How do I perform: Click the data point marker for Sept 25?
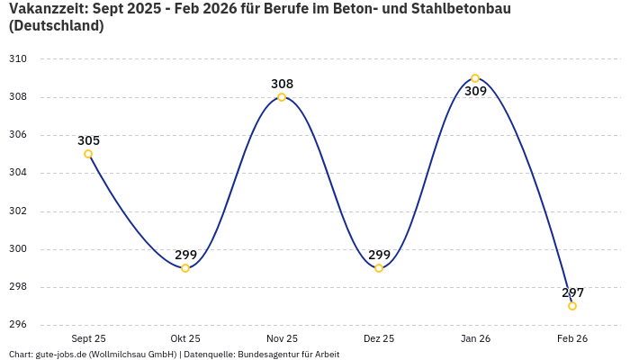tap(88, 154)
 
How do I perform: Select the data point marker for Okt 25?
tap(185, 268)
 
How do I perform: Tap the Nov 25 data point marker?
tap(282, 97)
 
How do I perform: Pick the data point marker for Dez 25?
tap(379, 268)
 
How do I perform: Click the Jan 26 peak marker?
tap(475, 78)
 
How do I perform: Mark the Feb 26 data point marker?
tap(572, 306)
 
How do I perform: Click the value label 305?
tap(88, 140)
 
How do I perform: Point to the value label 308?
tap(282, 84)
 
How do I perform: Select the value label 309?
tap(475, 91)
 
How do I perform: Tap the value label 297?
tap(572, 292)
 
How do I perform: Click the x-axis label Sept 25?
tap(88, 338)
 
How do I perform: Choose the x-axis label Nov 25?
tap(282, 338)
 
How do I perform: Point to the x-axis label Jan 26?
tap(475, 338)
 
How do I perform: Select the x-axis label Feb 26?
tap(572, 338)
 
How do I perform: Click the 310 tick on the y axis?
tap(18, 59)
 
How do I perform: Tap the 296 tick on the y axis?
tap(18, 325)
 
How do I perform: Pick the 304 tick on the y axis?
tap(18, 173)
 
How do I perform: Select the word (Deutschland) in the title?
tap(56, 26)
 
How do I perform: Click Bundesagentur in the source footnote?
tap(270, 354)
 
